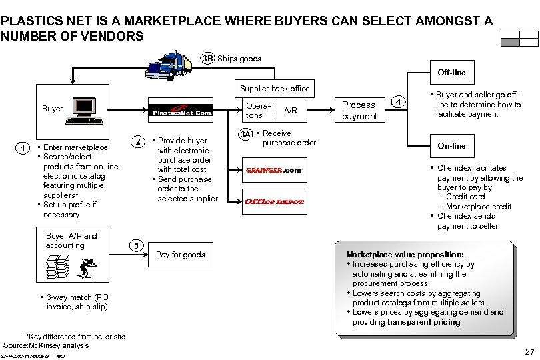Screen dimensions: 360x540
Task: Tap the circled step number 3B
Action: point(208,59)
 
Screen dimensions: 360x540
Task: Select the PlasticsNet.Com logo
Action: point(180,111)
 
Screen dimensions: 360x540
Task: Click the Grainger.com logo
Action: point(274,169)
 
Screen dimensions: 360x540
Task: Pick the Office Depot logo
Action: point(274,201)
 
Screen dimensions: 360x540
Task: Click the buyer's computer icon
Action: point(83,111)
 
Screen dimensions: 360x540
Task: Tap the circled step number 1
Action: point(22,148)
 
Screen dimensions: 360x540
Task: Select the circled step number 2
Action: point(137,141)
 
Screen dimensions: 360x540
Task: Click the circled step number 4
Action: point(398,102)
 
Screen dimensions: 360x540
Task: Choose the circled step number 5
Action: point(135,245)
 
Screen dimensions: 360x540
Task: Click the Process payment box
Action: point(359,111)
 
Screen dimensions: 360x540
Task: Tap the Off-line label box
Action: point(451,72)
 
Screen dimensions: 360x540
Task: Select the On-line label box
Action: point(451,146)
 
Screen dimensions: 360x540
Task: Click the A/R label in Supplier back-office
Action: point(291,111)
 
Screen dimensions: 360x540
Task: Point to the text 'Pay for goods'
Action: point(180,255)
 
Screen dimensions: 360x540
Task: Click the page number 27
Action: point(529,351)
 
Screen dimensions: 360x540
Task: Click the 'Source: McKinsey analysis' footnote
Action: point(46,345)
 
